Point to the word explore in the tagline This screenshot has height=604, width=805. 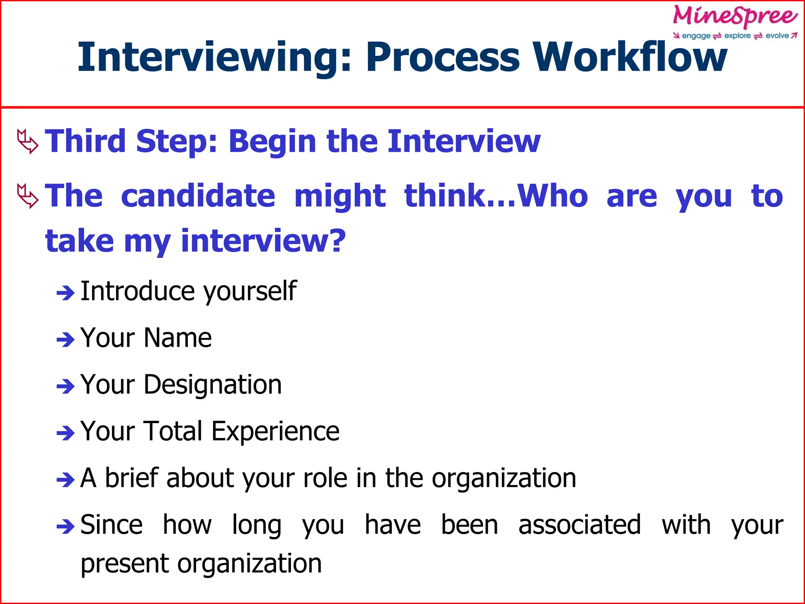coord(737,36)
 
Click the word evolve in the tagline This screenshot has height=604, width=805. coord(777,36)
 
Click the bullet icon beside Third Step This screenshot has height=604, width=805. coord(28,142)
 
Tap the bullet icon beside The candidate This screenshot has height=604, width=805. coord(28,196)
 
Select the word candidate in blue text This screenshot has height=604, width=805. coord(198,195)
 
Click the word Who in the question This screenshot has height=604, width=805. coord(552,195)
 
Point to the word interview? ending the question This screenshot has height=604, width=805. coord(263,241)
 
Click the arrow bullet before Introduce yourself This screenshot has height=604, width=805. coord(65,293)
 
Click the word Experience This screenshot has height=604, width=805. coord(275,431)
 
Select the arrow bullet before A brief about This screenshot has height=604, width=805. coord(65,480)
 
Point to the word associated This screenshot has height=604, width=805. coord(579,525)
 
